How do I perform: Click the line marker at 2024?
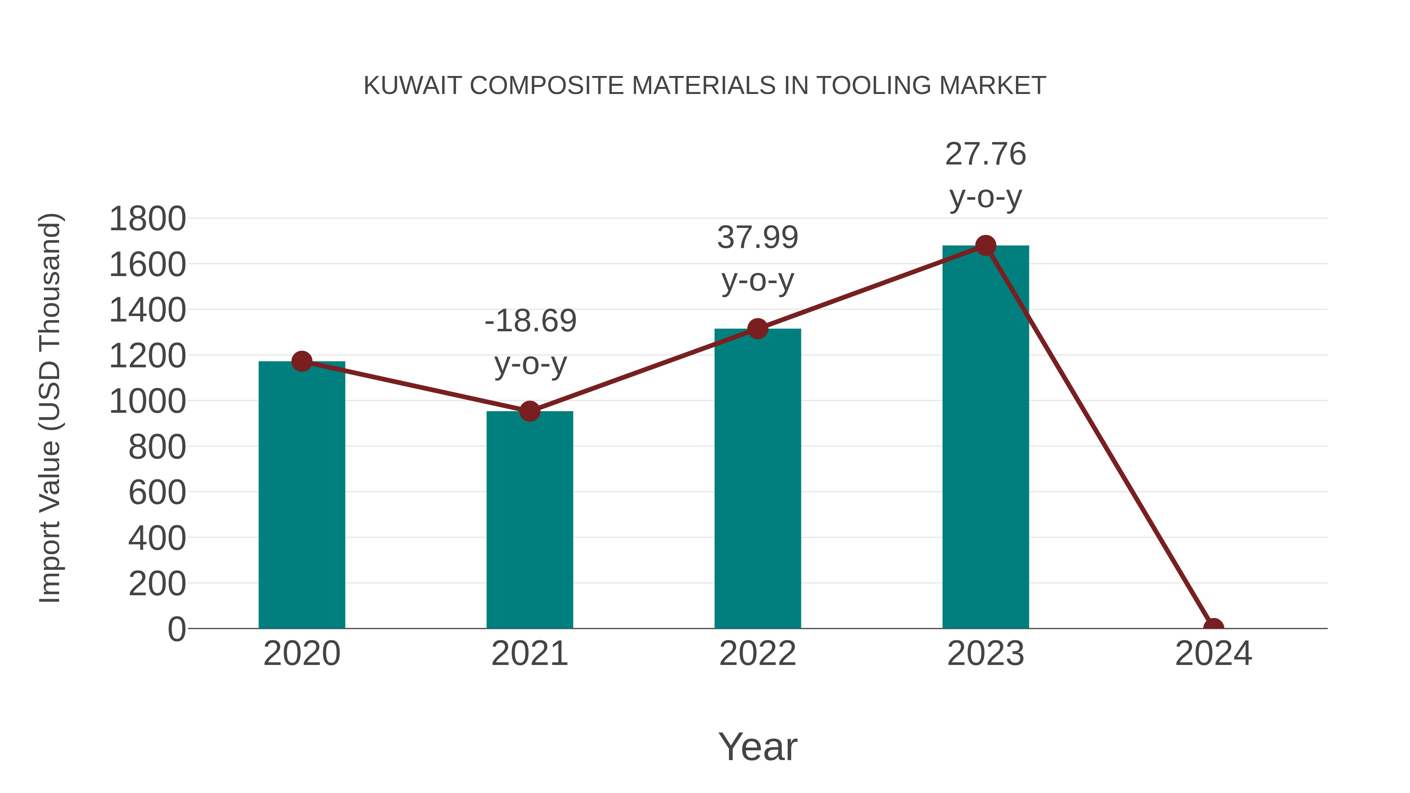[x=1213, y=627]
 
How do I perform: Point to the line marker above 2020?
[x=302, y=361]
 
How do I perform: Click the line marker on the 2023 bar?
[x=985, y=246]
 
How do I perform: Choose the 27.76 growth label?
[x=985, y=154]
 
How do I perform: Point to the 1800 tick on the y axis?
[x=147, y=219]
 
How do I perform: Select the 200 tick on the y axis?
[x=157, y=584]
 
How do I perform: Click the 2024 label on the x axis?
[x=1213, y=654]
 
